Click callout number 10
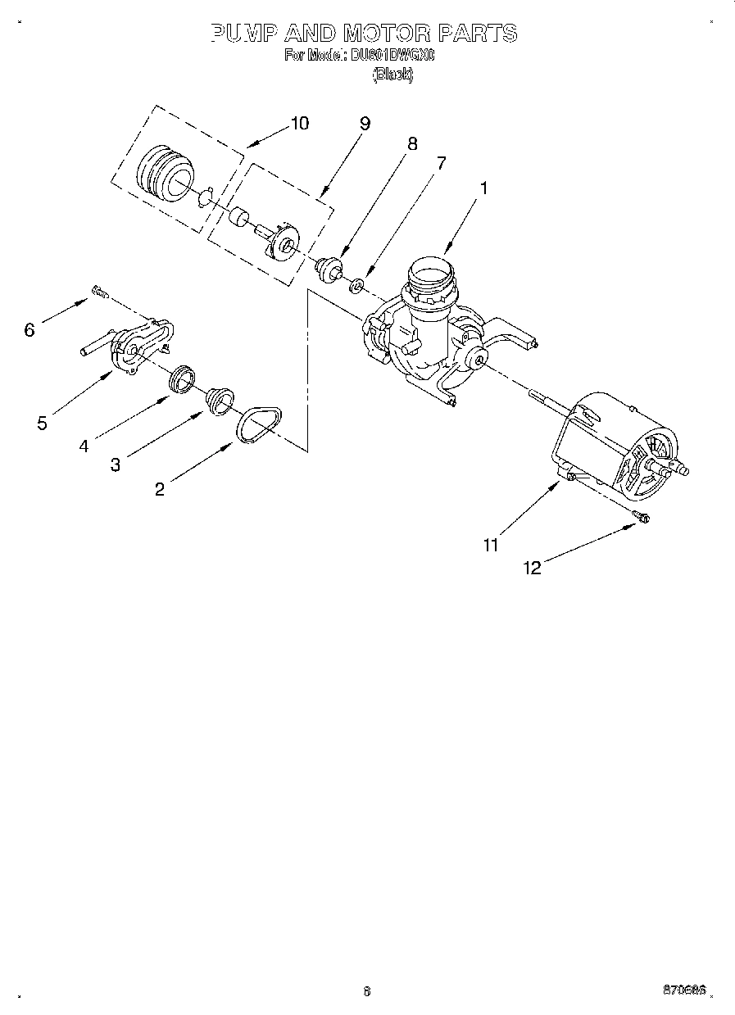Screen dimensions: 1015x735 [x=299, y=124]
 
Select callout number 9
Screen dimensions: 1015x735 [x=365, y=124]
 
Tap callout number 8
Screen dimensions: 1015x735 [x=412, y=143]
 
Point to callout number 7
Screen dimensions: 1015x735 [x=441, y=162]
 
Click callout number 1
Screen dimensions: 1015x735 [x=483, y=188]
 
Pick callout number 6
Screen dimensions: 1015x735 [x=29, y=330]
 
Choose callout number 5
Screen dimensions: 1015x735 [x=42, y=424]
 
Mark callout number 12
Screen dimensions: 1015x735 [x=533, y=568]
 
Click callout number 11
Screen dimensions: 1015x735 [x=490, y=545]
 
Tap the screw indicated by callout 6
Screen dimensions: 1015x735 [x=100, y=290]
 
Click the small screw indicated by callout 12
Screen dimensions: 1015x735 [x=641, y=516]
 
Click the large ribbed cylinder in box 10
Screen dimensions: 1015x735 [x=163, y=174]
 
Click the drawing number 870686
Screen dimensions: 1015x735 [x=684, y=990]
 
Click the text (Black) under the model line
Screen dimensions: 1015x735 [x=392, y=75]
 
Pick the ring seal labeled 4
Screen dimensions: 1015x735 [x=182, y=378]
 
